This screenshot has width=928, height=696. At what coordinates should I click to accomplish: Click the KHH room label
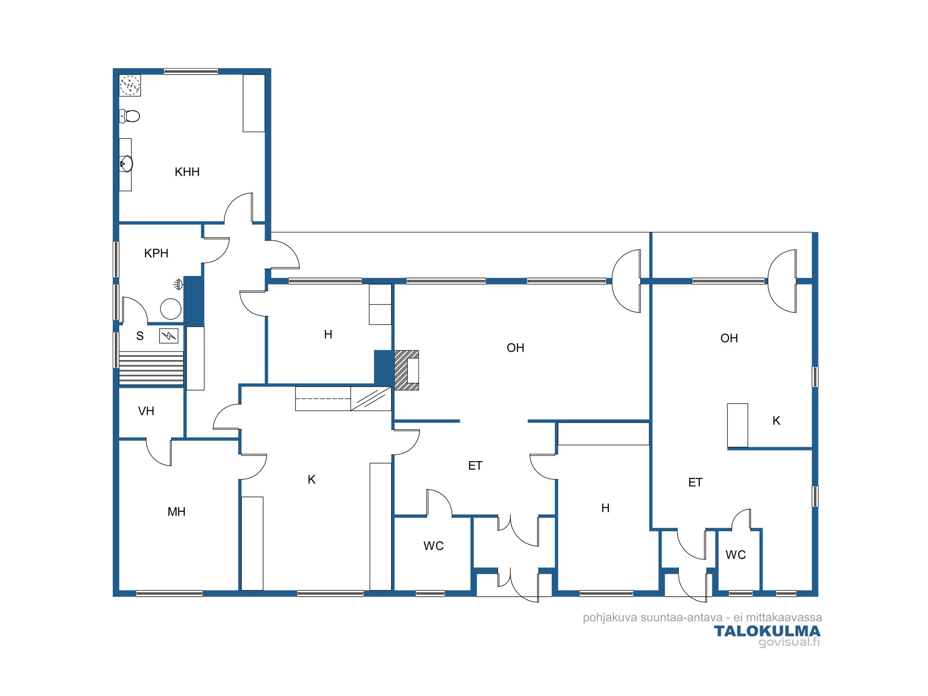(187, 172)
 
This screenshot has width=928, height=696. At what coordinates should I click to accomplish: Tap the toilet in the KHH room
(129, 116)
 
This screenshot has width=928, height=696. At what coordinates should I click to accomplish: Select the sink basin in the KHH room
(126, 164)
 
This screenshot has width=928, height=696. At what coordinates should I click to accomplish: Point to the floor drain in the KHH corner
(130, 85)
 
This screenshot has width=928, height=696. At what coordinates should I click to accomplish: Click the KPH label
(156, 253)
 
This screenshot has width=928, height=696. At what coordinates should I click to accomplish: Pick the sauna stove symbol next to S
(168, 335)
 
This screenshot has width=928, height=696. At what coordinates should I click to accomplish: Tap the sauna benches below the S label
(151, 368)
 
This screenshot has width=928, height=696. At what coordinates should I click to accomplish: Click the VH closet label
(146, 411)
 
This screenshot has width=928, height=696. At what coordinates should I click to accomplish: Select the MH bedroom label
(176, 512)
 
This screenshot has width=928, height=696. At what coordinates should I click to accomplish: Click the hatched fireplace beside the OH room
(406, 370)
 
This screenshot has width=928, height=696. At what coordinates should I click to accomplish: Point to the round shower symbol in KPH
(171, 309)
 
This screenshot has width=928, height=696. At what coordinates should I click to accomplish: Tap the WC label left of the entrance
(433, 546)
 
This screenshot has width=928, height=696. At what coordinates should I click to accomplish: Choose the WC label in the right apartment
(735, 555)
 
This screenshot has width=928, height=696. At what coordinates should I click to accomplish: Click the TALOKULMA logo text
(767, 631)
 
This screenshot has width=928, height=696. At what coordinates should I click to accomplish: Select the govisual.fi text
(789, 642)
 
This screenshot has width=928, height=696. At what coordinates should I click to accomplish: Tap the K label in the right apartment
(776, 421)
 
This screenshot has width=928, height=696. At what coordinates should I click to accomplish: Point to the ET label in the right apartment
(695, 483)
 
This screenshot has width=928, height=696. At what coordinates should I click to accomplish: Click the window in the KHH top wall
(191, 71)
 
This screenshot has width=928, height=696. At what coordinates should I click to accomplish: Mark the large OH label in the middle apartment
(516, 348)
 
